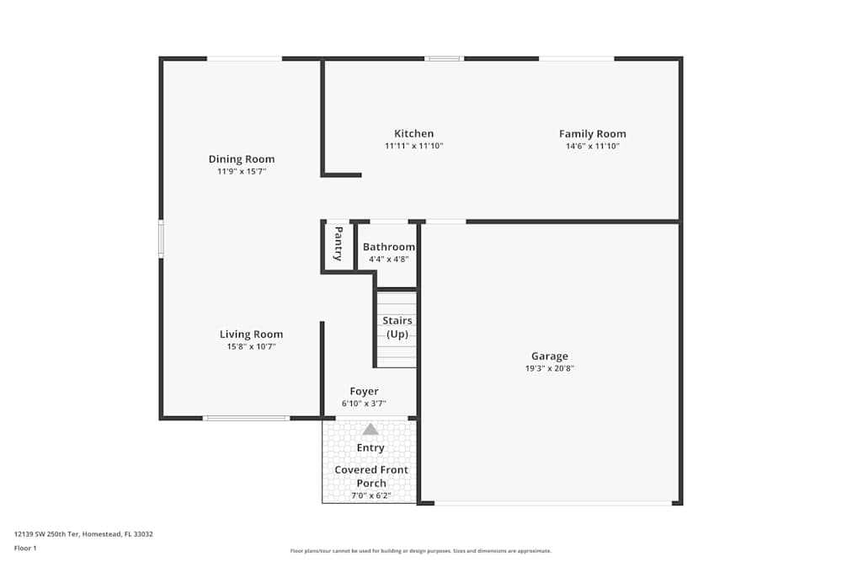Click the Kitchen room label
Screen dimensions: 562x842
click(413, 134)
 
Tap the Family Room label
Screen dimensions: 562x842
click(592, 134)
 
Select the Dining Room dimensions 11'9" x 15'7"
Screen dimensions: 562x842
click(242, 172)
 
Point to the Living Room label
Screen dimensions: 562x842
click(251, 335)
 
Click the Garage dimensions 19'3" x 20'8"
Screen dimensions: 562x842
click(549, 368)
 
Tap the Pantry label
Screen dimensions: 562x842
click(338, 244)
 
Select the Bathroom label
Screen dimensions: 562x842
click(388, 247)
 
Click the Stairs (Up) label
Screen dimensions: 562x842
click(397, 327)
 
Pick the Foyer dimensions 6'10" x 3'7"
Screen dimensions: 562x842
click(364, 404)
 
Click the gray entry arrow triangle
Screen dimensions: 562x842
click(370, 429)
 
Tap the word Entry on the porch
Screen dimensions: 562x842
click(370, 448)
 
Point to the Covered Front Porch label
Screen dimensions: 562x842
click(371, 476)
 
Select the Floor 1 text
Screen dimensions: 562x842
click(25, 548)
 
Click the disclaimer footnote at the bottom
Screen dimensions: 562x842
click(421, 551)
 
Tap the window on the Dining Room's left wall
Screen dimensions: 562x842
click(161, 239)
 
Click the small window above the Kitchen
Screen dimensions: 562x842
click(444, 58)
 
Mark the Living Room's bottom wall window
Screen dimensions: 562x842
click(247, 418)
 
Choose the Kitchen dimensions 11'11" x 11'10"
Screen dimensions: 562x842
click(413, 146)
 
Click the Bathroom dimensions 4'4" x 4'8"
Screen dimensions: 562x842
click(388, 259)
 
